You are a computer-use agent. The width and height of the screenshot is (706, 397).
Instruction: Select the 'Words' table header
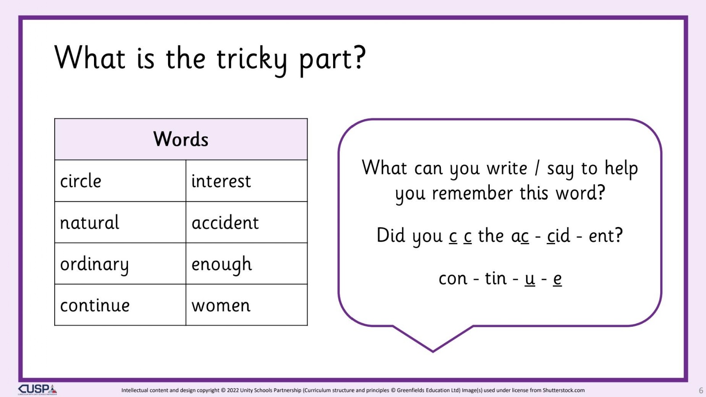click(x=181, y=139)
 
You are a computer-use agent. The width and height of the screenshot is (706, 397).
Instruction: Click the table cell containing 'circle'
click(x=120, y=181)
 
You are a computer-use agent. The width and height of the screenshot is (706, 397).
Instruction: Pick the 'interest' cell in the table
click(x=247, y=181)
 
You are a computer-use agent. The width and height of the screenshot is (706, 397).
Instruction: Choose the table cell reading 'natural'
click(x=120, y=222)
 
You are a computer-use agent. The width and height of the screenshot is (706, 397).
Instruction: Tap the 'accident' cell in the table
click(x=247, y=222)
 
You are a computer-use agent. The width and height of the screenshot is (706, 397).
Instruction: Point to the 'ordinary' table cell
click(x=120, y=263)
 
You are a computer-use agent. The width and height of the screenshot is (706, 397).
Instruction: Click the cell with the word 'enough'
click(x=247, y=263)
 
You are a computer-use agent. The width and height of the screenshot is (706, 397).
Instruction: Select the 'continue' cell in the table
click(x=120, y=305)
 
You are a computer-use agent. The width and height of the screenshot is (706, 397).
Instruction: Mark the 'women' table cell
click(x=247, y=305)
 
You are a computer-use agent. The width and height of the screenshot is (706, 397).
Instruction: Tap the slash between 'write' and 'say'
click(x=537, y=168)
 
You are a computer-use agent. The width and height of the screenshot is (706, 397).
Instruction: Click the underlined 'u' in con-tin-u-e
click(x=530, y=279)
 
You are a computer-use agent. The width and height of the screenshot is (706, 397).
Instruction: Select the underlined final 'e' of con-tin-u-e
click(x=557, y=279)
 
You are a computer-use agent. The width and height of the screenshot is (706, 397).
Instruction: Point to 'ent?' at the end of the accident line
click(x=605, y=235)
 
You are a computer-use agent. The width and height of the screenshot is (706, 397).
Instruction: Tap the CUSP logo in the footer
click(x=38, y=390)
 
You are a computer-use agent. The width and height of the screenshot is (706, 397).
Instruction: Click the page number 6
click(x=701, y=390)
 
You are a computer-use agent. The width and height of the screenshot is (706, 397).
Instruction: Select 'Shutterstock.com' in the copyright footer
click(x=563, y=390)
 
